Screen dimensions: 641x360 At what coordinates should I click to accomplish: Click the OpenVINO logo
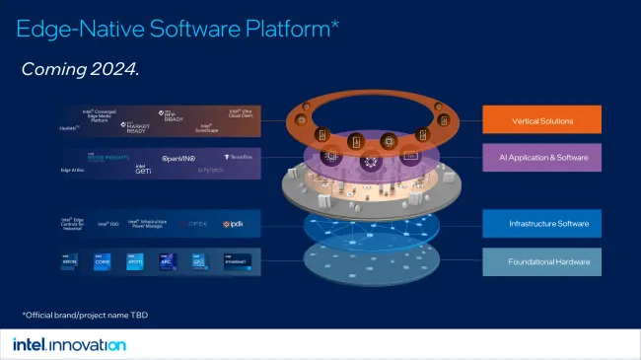(x=178, y=158)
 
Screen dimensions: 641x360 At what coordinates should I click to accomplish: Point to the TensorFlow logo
(x=241, y=157)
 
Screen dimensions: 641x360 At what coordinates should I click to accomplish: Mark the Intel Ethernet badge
(x=236, y=263)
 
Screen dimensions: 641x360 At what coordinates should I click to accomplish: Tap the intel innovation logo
(x=69, y=344)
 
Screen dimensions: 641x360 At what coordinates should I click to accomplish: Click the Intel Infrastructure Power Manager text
(x=144, y=224)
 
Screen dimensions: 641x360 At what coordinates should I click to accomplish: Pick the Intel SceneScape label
(x=206, y=126)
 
